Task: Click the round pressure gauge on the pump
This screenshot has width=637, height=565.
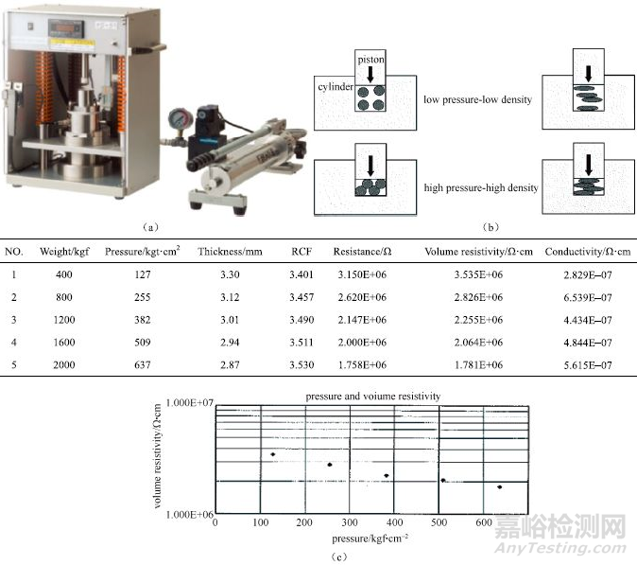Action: click(x=181, y=120)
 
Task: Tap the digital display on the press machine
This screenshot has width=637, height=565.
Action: click(x=66, y=28)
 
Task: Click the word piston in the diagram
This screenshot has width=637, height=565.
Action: click(x=370, y=60)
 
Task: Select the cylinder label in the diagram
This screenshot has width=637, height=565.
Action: click(x=336, y=87)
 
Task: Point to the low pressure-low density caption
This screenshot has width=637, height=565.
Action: click(x=478, y=99)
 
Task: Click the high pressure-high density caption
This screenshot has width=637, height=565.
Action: click(x=481, y=188)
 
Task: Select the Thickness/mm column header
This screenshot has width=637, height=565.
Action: click(x=230, y=252)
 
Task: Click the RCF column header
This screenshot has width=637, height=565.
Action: click(x=301, y=252)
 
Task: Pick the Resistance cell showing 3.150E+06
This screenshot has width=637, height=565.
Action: click(x=362, y=274)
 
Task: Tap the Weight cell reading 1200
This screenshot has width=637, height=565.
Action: click(x=64, y=320)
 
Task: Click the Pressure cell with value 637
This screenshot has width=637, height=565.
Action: click(x=142, y=365)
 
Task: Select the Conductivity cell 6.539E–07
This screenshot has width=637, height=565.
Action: click(x=588, y=297)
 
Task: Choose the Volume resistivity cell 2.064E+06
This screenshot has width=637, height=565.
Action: click(x=478, y=343)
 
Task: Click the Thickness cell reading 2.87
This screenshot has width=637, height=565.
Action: click(x=230, y=365)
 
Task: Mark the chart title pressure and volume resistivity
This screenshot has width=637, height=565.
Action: click(x=373, y=397)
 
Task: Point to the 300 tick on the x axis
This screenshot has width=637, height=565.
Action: click(x=350, y=522)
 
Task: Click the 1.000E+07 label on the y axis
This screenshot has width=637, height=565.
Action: click(x=189, y=403)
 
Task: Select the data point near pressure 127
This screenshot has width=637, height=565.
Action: click(x=273, y=454)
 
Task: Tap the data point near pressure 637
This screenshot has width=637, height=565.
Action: click(x=499, y=486)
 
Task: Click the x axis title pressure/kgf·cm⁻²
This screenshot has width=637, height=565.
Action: click(x=370, y=539)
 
